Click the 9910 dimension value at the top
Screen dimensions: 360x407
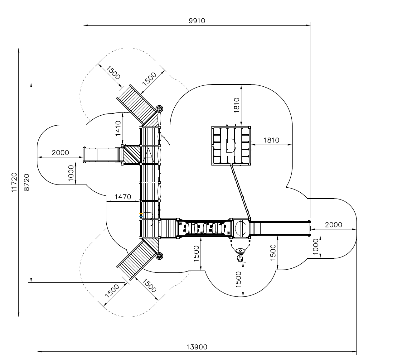197,21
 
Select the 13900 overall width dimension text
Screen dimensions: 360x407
197,347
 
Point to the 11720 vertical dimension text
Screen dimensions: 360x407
14,182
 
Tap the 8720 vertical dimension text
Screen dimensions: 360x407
27,182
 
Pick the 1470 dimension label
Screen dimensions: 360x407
123,197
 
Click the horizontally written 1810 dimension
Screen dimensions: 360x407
271,140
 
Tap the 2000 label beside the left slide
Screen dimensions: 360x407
60,153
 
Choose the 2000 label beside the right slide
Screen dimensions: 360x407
333,225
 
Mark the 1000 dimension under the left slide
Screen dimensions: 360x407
71,173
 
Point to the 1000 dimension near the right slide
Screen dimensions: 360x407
316,247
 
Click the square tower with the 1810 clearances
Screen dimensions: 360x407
231,145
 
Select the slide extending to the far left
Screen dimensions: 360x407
103,155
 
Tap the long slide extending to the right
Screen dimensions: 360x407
281,228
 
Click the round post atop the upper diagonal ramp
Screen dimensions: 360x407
160,109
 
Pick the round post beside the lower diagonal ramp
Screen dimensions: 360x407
160,256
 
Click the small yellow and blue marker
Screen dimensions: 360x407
141,214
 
